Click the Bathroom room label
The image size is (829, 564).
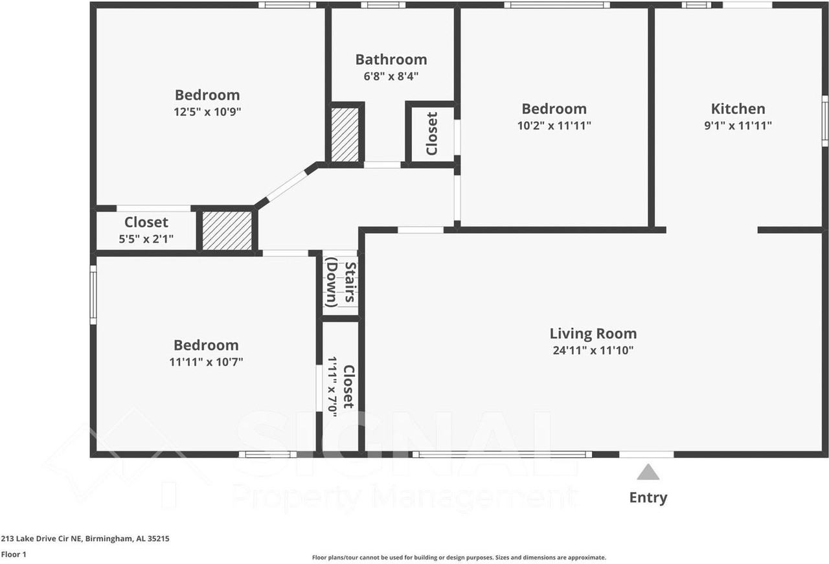click(391, 60)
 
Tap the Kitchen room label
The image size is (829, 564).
click(738, 109)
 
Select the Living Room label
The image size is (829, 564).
click(593, 334)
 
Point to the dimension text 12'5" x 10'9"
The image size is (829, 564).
click(207, 111)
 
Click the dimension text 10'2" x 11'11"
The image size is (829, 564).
click(554, 126)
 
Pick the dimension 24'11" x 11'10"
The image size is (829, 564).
click(593, 350)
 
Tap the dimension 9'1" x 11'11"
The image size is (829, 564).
click(738, 126)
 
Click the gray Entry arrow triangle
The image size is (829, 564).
click(648, 472)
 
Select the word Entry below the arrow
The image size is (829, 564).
click(648, 498)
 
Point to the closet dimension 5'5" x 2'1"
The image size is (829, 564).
click(146, 239)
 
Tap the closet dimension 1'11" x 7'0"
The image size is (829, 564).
click(332, 387)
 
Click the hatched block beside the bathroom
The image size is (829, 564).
click(345, 135)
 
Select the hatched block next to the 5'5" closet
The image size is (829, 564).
click(227, 231)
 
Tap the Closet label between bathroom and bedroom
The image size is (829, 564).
click(432, 133)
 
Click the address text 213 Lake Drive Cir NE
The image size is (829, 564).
click(41, 539)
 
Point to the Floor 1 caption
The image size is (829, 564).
click(14, 554)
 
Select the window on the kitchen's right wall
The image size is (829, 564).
click(825, 121)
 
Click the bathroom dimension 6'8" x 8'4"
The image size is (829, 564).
click(391, 76)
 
